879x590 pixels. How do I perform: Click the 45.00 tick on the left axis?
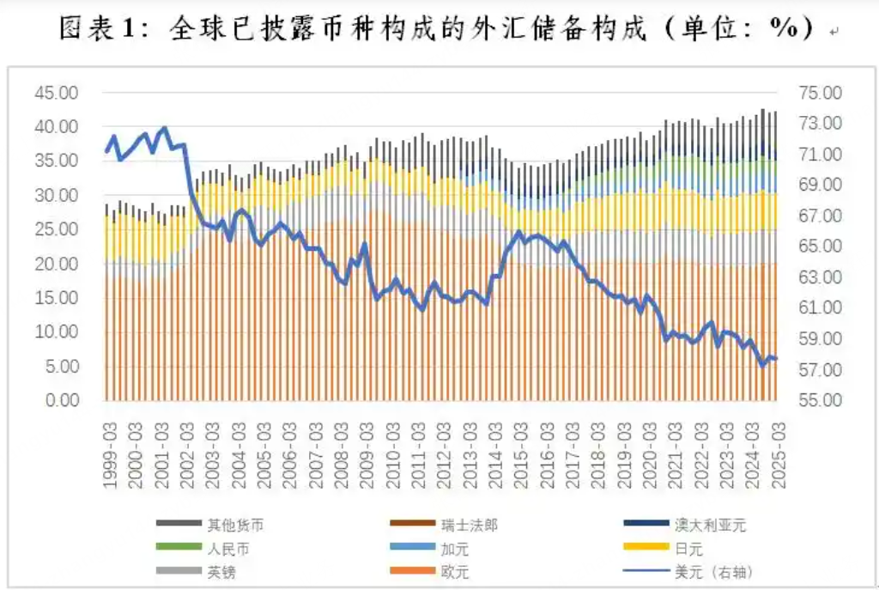pos(57,93)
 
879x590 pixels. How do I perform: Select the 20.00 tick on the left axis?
pos(57,264)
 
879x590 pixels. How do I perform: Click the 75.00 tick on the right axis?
pos(821,93)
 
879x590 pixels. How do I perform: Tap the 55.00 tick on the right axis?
pos(821,400)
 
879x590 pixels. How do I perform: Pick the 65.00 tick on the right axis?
pos(821,246)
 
